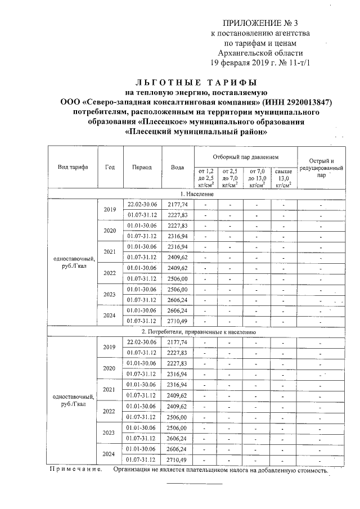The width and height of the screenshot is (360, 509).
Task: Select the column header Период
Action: coord(142,168)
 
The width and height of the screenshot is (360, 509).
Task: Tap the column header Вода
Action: coord(177,168)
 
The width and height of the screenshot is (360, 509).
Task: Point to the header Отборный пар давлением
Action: coord(245,155)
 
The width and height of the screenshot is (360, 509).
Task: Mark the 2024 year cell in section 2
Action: coord(110,454)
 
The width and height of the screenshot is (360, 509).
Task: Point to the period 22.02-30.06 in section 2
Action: coord(142,342)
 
